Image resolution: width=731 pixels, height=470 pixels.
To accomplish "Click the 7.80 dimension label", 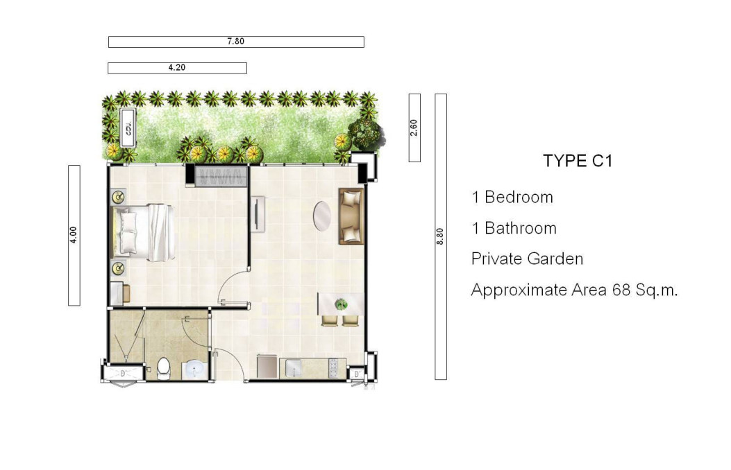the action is tap(236, 42).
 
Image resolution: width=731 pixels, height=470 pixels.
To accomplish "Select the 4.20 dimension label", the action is tap(177, 67).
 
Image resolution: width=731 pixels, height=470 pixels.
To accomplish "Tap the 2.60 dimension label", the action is tap(414, 128).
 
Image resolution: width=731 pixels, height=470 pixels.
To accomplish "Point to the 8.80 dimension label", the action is tap(440, 236).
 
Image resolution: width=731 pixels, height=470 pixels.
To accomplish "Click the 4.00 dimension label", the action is tap(74, 235).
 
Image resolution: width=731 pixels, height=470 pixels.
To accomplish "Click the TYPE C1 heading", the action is tap(578, 161).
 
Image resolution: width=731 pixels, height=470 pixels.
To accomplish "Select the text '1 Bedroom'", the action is tap(512, 198).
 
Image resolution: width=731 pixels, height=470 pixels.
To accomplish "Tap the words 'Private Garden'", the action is tap(528, 259).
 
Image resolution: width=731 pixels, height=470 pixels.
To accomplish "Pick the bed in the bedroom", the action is tap(144, 232).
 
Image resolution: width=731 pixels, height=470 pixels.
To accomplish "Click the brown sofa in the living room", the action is tap(351, 216).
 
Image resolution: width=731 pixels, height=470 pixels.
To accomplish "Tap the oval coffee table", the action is tap(321, 216).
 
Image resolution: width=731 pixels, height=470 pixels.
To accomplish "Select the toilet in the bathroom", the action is tap(164, 367).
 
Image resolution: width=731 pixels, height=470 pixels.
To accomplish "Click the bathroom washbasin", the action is tap(194, 369).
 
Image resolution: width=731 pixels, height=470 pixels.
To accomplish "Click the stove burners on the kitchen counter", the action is tap(333, 368).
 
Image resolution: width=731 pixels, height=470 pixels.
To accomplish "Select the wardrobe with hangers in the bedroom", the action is tap(221, 176).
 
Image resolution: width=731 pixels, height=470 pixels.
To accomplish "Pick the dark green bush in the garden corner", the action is tap(365, 134).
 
